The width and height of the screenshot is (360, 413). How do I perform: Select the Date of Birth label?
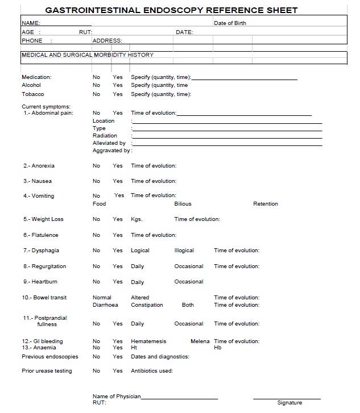[230, 23]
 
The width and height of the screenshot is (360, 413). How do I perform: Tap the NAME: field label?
[31, 23]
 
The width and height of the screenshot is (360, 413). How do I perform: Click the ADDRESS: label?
[107, 41]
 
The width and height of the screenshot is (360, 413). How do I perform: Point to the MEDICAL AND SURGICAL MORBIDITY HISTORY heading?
[87, 55]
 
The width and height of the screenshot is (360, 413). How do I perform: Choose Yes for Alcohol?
[118, 85]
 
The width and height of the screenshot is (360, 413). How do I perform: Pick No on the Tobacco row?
[96, 94]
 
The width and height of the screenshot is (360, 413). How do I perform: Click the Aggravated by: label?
[112, 151]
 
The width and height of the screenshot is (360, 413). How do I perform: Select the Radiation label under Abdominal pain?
[105, 136]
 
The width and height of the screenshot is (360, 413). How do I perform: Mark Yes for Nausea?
[118, 181]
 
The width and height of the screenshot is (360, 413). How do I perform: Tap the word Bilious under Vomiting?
[183, 204]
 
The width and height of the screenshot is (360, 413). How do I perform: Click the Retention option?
[266, 204]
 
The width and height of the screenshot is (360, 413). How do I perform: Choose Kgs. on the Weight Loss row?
[136, 219]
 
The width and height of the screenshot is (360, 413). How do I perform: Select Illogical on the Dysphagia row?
[184, 251]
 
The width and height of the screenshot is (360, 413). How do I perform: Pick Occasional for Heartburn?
[188, 282]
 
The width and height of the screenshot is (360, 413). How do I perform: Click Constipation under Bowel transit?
[147, 305]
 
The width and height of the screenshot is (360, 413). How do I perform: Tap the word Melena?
[200, 341]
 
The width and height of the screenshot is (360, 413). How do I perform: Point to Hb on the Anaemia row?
[217, 348]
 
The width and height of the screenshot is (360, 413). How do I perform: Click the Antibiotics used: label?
[152, 371]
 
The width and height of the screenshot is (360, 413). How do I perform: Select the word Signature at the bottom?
[289, 403]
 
